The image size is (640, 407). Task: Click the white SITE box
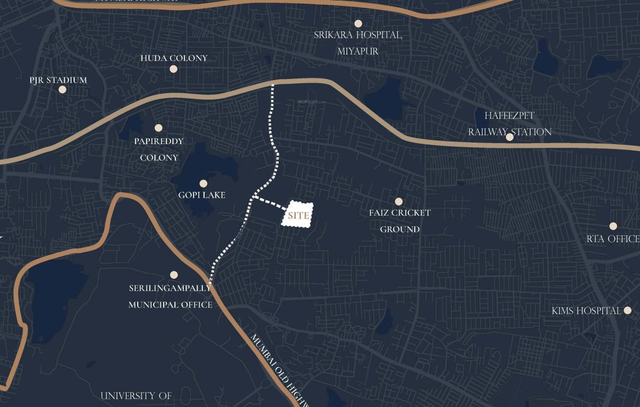[297, 215]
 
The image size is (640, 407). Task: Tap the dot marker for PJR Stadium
[63, 90]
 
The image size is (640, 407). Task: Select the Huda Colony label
[174, 58]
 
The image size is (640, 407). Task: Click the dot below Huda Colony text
[173, 69]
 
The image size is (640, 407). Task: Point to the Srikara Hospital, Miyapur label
[358, 43]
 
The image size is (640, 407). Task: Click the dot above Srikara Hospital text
[358, 23]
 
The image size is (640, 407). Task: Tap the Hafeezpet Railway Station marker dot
[510, 137]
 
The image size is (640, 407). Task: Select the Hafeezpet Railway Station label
[510, 123]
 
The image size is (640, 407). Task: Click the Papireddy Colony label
[159, 149]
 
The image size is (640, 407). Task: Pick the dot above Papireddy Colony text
[158, 128]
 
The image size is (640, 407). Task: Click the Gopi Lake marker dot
[203, 183]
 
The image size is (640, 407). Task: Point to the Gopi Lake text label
[202, 195]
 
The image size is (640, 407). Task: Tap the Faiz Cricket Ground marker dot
[399, 201]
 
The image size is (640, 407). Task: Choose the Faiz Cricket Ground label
[400, 221]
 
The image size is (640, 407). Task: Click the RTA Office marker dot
[613, 226]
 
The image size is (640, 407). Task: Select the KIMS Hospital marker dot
[628, 310]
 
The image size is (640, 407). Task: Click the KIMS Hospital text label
[586, 311]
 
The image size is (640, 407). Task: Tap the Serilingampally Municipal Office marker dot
[174, 275]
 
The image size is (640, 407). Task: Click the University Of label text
[136, 396]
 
